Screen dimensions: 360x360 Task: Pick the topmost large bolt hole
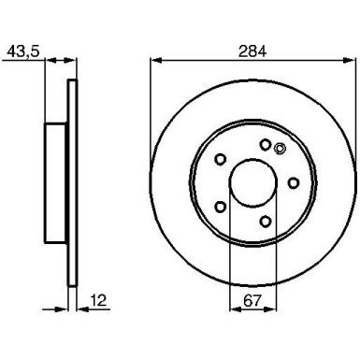266,144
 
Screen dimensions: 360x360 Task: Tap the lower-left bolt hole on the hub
221,206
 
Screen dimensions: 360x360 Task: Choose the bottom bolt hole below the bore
266,221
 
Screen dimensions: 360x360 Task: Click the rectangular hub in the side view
57,181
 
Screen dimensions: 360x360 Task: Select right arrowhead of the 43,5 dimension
76,63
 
